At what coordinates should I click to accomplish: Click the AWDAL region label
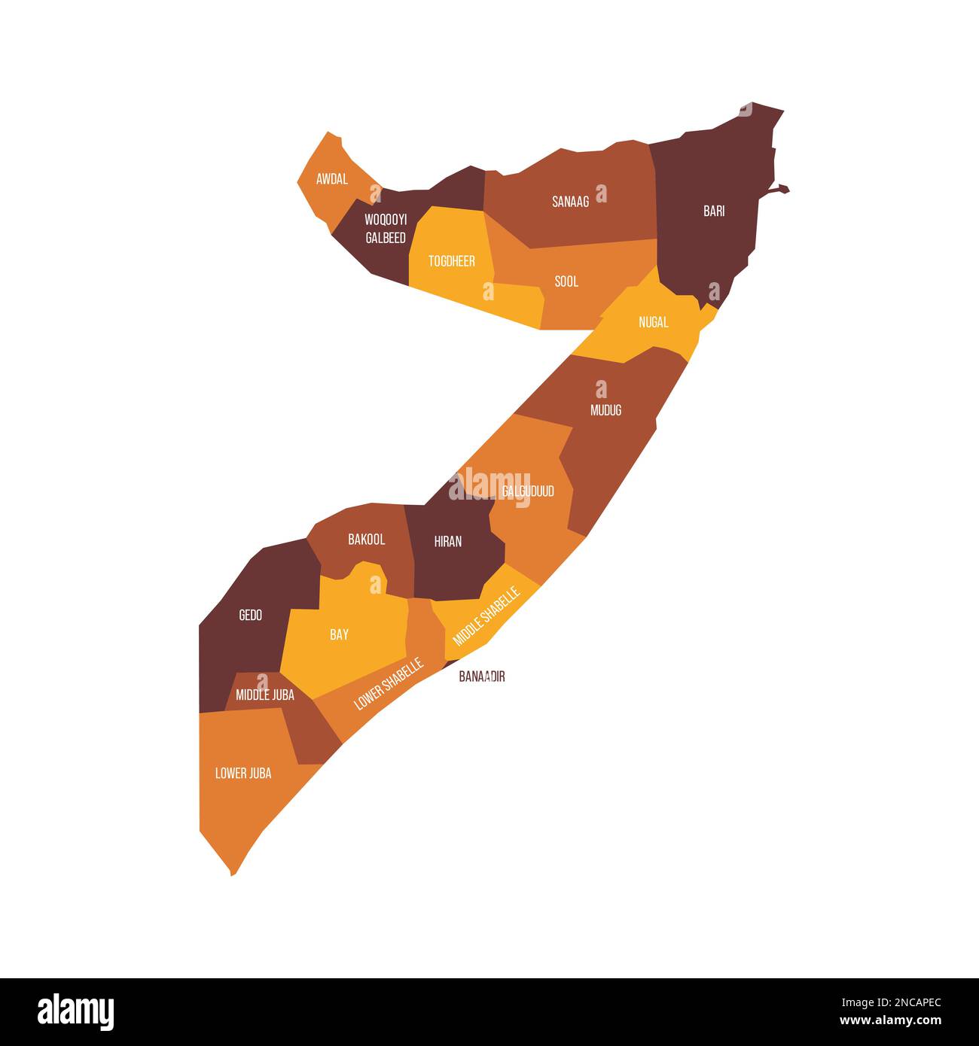pos(332,179)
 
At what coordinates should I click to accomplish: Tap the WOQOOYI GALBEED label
pos(386,229)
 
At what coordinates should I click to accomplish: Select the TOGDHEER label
pos(452,261)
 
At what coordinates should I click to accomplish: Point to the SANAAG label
pos(571,201)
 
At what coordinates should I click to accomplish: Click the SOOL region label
pos(566,281)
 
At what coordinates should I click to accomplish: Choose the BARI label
pos(714,211)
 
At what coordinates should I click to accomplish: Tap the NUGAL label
pos(653,322)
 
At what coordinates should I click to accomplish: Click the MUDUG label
pos(606,410)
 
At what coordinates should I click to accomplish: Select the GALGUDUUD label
pos(528,491)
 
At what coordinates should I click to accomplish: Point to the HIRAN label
pos(448,541)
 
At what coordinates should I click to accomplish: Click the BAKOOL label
pos(367,539)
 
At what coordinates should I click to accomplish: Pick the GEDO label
pos(251,615)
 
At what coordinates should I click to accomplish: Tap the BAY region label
pos(340,634)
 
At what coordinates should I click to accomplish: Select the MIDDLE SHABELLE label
pos(486,616)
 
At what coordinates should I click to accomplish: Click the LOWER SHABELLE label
pos(389,684)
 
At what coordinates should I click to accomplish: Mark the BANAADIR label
pos(482,677)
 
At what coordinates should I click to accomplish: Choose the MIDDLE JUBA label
pos(265,695)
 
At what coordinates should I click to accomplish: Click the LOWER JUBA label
pos(243,773)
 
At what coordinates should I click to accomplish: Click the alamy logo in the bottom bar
pos(76,1012)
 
